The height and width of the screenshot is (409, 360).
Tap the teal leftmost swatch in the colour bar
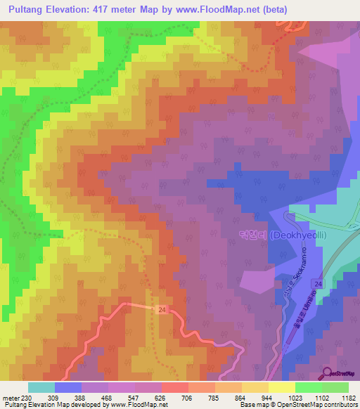tap(41, 387)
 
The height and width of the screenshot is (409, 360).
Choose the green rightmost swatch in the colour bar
tap(335, 387)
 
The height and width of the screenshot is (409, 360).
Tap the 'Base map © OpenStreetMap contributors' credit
tap(298, 405)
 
